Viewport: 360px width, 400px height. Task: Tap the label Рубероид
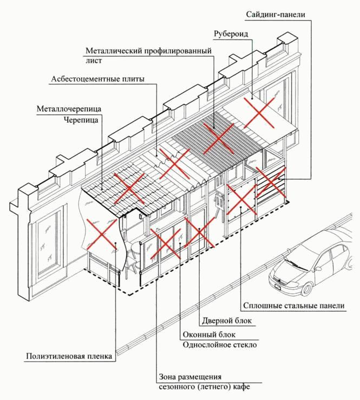coord(231,33)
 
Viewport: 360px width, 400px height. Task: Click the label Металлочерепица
coord(69,108)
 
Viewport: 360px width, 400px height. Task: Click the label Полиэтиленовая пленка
coord(69,357)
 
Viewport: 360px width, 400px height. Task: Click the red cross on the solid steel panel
coord(239,200)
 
